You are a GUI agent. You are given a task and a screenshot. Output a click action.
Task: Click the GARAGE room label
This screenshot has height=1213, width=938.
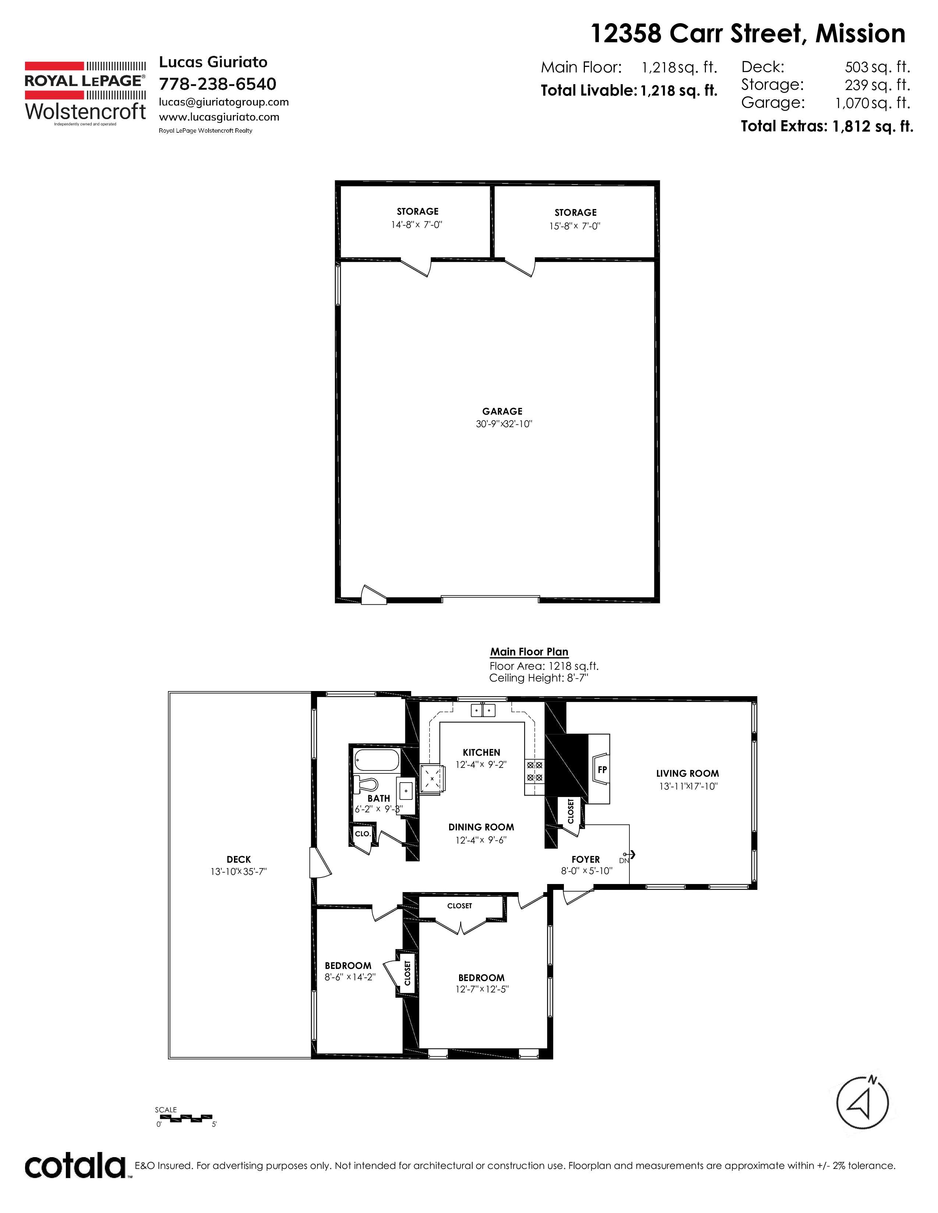pyautogui.click(x=502, y=412)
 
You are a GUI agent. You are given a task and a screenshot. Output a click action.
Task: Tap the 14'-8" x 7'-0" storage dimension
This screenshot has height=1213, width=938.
pyautogui.click(x=417, y=225)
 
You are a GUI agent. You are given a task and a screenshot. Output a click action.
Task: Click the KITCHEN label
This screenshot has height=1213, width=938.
pyautogui.click(x=481, y=752)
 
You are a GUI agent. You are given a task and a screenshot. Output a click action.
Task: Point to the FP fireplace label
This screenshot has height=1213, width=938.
pyautogui.click(x=603, y=770)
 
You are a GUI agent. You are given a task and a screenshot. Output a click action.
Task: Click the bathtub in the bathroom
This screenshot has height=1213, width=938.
pyautogui.click(x=377, y=760)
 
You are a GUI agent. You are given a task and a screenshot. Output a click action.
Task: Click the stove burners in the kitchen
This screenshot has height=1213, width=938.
pyautogui.click(x=534, y=771)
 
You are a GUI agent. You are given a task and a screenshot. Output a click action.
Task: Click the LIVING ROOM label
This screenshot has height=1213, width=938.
pyautogui.click(x=687, y=774)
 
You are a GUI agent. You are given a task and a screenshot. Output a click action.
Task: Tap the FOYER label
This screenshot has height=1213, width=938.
pyautogui.click(x=586, y=859)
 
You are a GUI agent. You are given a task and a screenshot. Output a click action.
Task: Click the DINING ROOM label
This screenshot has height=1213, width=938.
pyautogui.click(x=481, y=827)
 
